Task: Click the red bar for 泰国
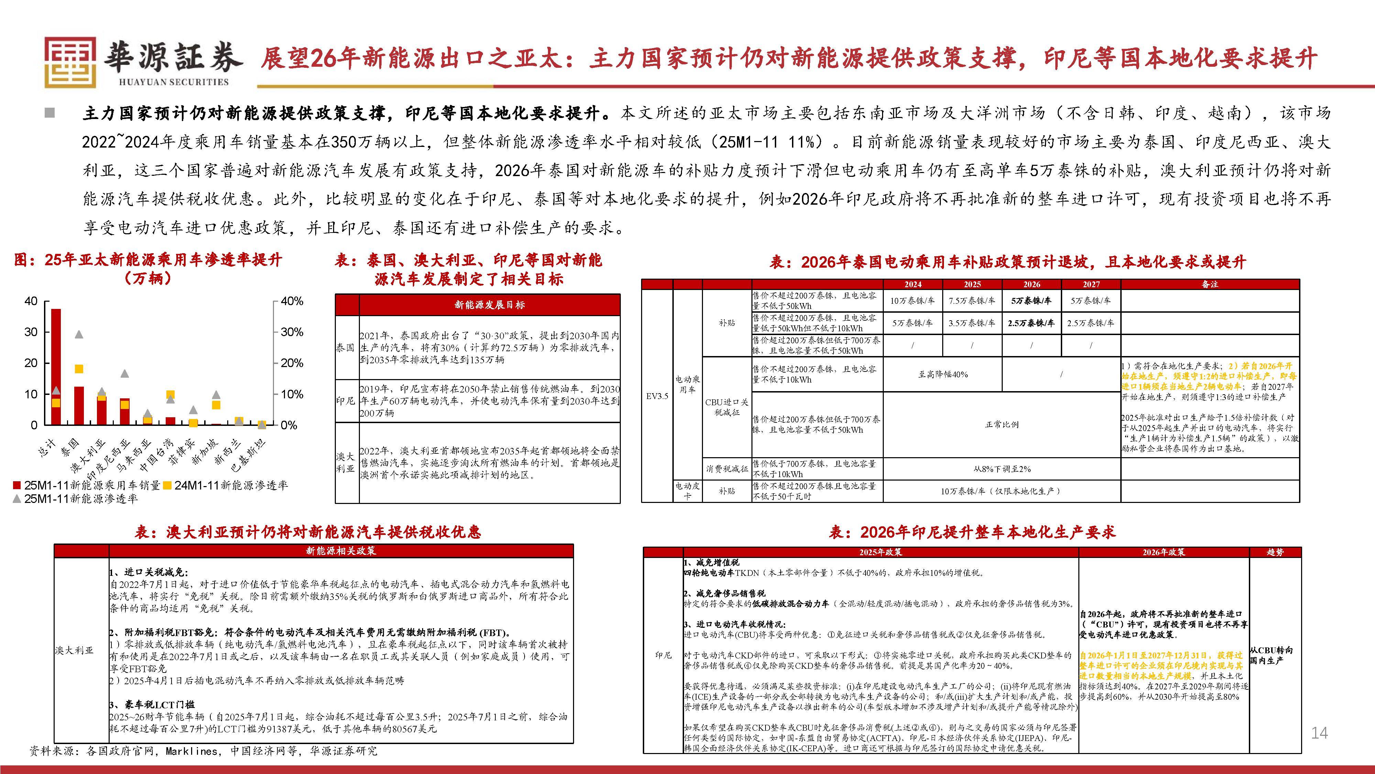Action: (78, 406)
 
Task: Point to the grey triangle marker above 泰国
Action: (78, 334)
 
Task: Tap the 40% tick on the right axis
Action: (291, 301)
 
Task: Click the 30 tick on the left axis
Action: (31, 332)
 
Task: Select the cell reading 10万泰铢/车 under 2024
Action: (912, 301)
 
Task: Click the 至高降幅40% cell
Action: (943, 375)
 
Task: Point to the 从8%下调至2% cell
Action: (1002, 469)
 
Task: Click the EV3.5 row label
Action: (657, 396)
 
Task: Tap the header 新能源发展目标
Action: (489, 305)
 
